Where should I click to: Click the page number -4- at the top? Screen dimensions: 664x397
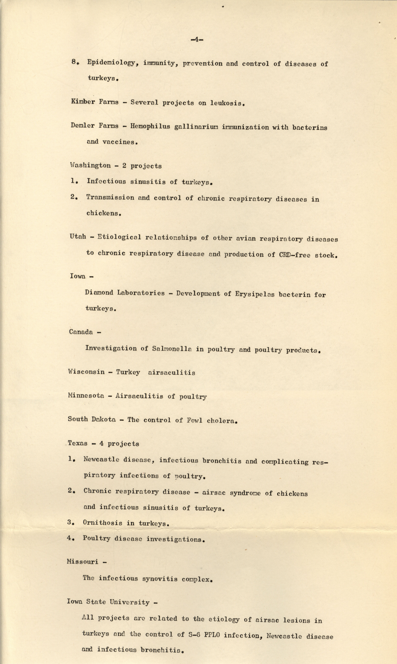coord(197,40)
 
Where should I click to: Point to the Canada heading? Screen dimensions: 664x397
coord(81,332)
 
